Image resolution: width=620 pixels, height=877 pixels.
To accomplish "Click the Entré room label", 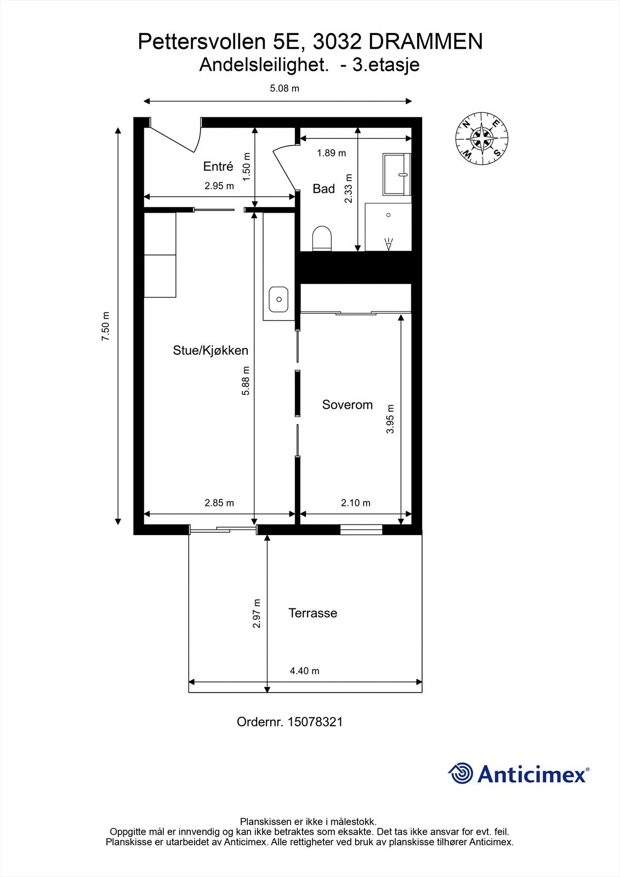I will coord(218,167).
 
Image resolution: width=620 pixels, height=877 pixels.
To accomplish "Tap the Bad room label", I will coord(323,189).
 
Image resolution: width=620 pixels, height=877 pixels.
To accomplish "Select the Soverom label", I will coord(347,405).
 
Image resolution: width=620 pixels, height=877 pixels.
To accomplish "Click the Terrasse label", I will coord(312,613).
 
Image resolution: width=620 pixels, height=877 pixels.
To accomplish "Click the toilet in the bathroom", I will coord(322,239).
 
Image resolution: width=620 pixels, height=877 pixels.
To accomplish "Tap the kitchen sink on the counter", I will coord(279,299).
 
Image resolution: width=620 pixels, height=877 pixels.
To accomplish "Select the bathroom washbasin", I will coord(397,174).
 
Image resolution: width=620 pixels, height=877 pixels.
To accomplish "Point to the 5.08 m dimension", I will coord(285,88).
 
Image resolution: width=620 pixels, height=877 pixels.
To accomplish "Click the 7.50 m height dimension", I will coord(106,327).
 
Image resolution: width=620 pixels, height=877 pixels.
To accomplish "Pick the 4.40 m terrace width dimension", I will coord(304,671).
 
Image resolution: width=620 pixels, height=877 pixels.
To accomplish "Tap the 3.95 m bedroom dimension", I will coord(390,419).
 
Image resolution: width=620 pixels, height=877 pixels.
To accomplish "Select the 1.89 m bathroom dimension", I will coord(331,153).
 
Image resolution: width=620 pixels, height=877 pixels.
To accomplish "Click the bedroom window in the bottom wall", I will coord(361,529).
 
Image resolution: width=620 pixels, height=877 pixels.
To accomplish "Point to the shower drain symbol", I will coord(388,215).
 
